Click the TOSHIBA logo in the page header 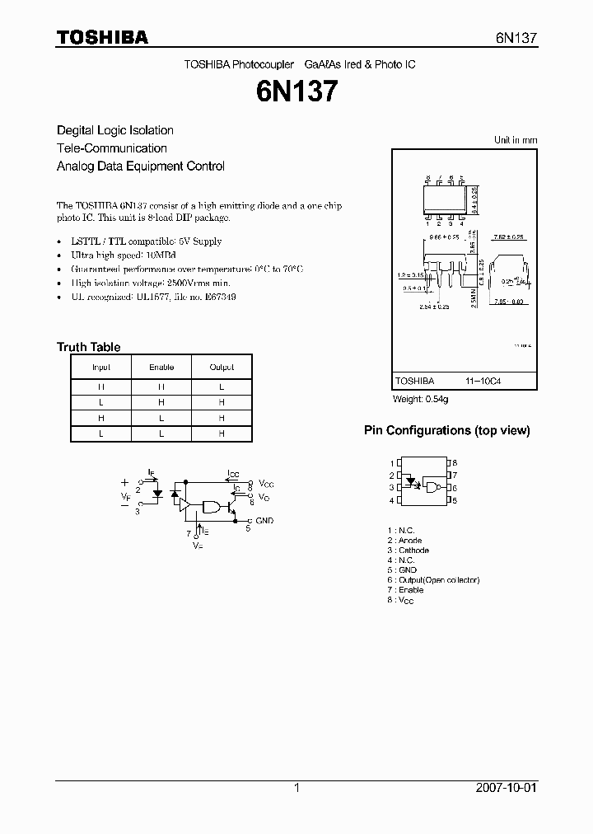pyautogui.click(x=102, y=37)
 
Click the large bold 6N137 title pyautogui.click(x=296, y=91)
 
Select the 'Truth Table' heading pyautogui.click(x=88, y=347)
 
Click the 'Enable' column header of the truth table pyautogui.click(x=161, y=367)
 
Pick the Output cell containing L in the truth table pyautogui.click(x=222, y=386)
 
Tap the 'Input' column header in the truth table pyautogui.click(x=101, y=367)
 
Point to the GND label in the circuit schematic pyautogui.click(x=264, y=521)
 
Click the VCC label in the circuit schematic pyautogui.click(x=267, y=483)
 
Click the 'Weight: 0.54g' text pyautogui.click(x=421, y=399)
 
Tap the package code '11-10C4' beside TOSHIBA pyautogui.click(x=483, y=382)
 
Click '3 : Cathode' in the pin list pyautogui.click(x=408, y=550)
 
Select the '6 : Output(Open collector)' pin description pyautogui.click(x=432, y=579)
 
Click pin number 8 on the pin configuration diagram pyautogui.click(x=455, y=463)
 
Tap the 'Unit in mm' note pyautogui.click(x=516, y=140)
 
